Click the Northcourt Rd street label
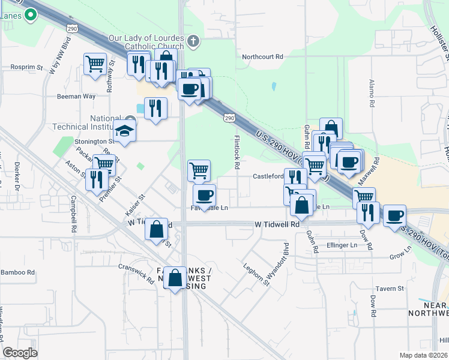tap(262, 57)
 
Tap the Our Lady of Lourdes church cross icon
tap(193, 41)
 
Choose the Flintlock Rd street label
tap(237, 151)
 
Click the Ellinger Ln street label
tap(342, 245)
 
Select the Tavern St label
tap(391, 289)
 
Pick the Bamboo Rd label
tap(18, 272)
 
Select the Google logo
tap(20, 352)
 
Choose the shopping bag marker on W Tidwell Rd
tap(157, 229)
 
